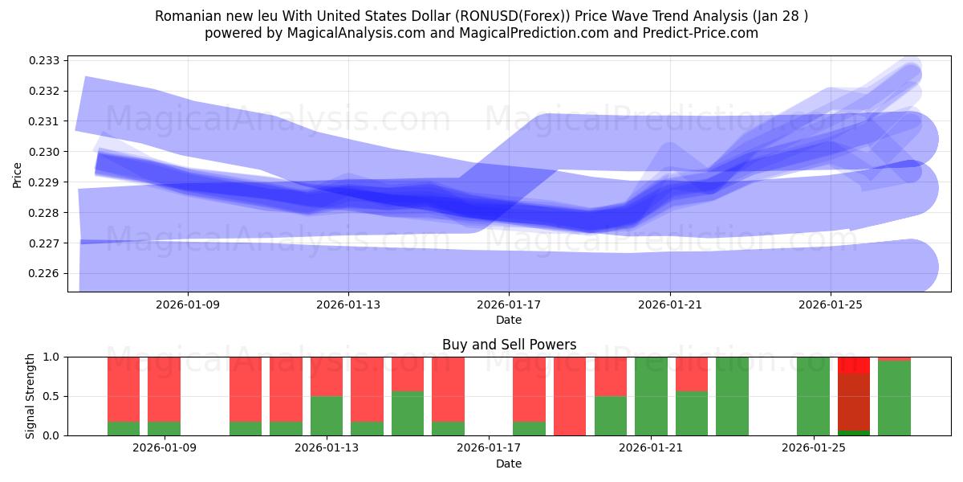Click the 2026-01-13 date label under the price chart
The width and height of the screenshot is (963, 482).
(348, 305)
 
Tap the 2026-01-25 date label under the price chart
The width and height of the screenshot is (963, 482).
(830, 305)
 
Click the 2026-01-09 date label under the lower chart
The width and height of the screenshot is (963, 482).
(164, 448)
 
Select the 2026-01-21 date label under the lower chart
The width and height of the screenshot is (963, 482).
(650, 448)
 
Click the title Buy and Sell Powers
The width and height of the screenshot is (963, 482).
(509, 345)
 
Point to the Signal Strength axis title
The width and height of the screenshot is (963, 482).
(30, 396)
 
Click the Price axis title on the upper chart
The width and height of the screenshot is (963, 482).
(18, 174)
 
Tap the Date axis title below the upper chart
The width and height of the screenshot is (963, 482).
(509, 320)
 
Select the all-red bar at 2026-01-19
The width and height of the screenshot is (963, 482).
(570, 396)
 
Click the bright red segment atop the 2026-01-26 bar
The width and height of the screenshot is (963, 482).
(854, 365)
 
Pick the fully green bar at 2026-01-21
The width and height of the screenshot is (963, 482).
(651, 396)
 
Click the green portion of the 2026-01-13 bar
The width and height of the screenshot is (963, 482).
(327, 415)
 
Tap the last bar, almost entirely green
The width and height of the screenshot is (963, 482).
(894, 398)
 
